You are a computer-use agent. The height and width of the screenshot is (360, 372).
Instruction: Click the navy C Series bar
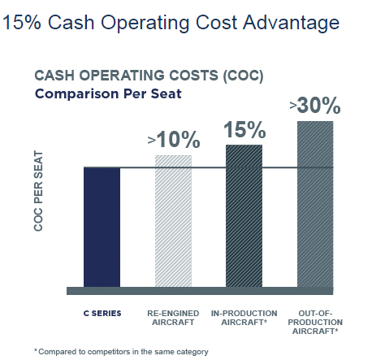[102, 227]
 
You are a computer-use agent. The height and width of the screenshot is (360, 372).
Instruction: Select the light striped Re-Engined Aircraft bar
[173, 221]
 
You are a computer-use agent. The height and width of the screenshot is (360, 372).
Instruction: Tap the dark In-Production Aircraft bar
[244, 216]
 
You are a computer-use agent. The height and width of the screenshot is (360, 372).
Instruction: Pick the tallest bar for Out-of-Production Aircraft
[315, 204]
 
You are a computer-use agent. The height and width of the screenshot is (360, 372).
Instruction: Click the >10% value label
[174, 140]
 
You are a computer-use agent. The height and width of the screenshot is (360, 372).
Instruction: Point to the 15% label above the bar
[244, 130]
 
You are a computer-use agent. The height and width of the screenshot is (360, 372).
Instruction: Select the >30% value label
[315, 106]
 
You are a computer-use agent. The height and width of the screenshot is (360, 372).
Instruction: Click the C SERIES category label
[102, 314]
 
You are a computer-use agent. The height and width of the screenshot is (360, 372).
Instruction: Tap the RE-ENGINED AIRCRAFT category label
[173, 318]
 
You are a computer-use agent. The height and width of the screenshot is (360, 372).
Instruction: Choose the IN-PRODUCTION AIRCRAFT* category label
[244, 318]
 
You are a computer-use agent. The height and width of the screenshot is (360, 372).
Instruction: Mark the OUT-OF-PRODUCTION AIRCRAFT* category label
[315, 322]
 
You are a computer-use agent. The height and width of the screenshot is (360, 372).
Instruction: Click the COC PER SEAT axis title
[38, 191]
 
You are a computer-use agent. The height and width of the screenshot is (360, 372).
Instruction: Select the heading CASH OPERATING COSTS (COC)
[149, 76]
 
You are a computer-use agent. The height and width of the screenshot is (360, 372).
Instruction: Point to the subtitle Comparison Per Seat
[108, 94]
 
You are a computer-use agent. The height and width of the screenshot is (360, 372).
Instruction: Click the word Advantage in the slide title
[291, 23]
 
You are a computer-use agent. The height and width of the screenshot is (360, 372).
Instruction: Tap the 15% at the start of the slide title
[22, 22]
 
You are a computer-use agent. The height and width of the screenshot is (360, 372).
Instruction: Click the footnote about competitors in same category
[121, 352]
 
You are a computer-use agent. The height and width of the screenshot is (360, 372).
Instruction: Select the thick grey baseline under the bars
[200, 291]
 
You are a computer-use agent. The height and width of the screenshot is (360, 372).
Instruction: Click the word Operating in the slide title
[145, 24]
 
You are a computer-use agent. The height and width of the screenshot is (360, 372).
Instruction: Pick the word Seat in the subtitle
[167, 94]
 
